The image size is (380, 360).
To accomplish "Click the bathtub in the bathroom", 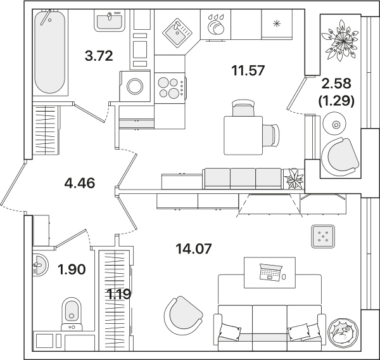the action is (50, 52).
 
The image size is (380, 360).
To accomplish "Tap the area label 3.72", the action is (99, 56).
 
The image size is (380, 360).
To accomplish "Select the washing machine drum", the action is (135, 86).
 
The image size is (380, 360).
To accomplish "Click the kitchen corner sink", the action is (177, 32).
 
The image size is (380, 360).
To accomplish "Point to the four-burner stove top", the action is (170, 88).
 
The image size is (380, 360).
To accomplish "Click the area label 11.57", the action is (248, 70).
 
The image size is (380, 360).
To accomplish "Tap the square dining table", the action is (243, 136).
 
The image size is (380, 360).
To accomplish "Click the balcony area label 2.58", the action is (336, 84).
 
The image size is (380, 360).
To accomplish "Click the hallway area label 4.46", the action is (80, 183).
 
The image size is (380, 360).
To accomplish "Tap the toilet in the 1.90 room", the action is (72, 314).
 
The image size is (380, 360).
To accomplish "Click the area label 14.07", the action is (194, 249).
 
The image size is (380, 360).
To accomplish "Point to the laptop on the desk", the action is (270, 272).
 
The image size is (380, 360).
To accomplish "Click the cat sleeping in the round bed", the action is (343, 332).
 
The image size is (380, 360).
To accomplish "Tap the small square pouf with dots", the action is (323, 236).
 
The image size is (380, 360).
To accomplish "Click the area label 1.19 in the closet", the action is (119, 294).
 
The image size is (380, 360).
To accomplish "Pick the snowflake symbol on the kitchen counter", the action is (277, 23).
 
